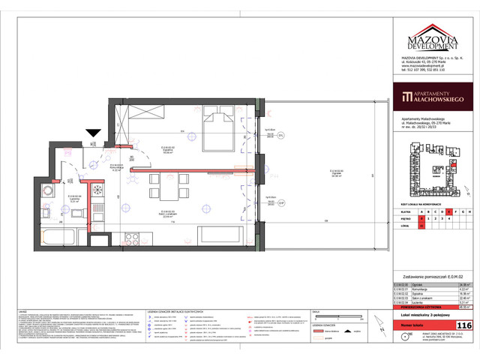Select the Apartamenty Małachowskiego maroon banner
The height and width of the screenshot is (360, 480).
[434, 97]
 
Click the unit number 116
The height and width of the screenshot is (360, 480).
[463, 324]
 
